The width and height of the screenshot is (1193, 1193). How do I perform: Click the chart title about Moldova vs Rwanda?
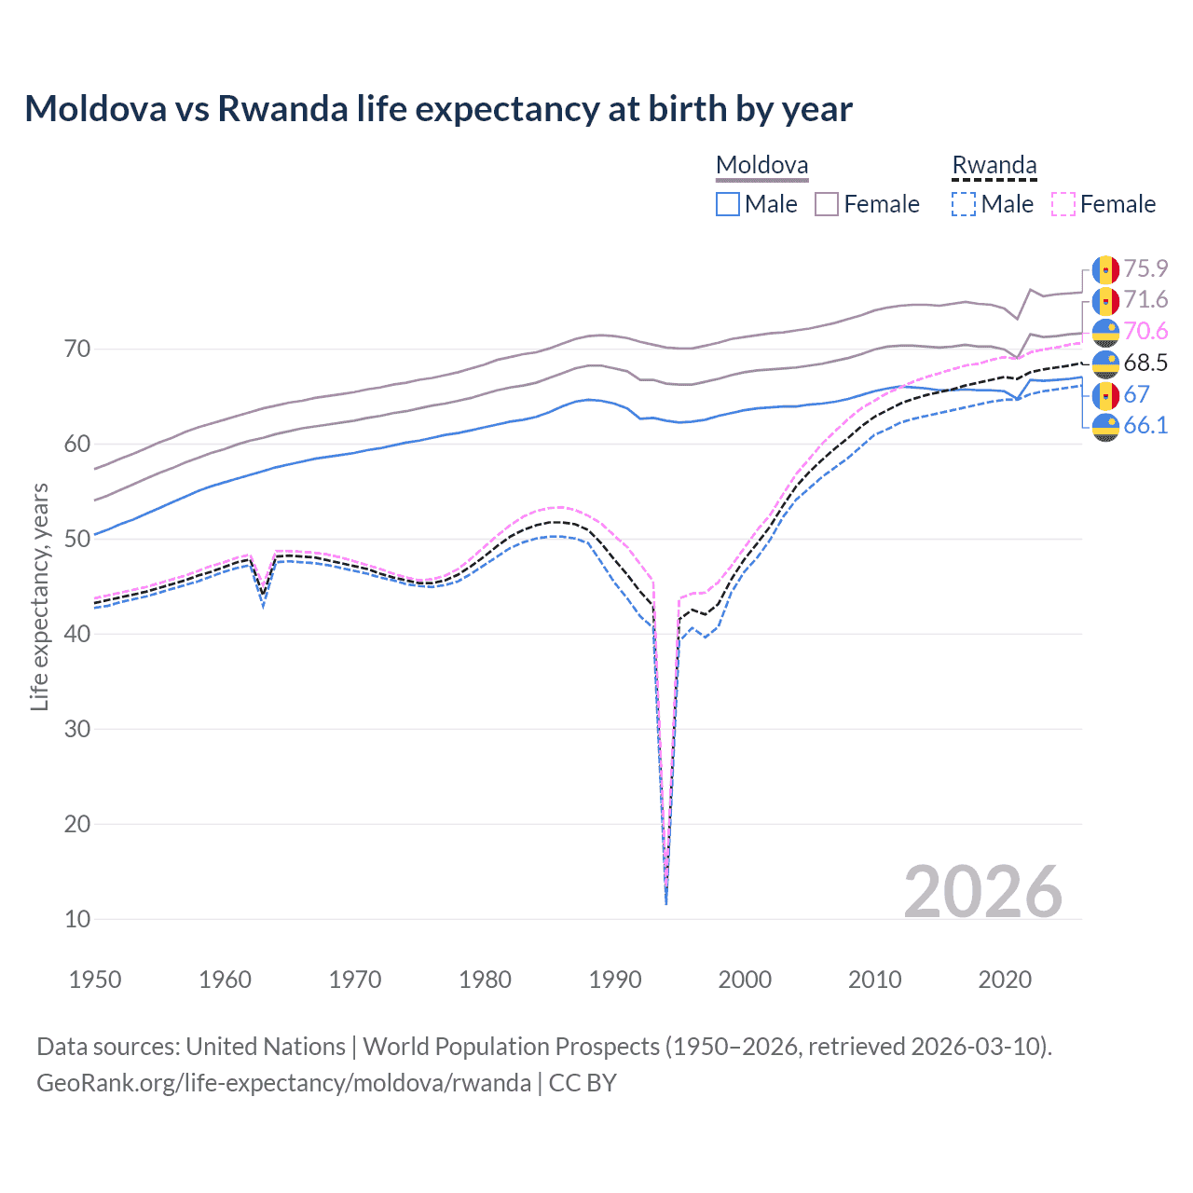click(438, 109)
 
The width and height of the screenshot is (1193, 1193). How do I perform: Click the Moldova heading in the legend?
click(761, 166)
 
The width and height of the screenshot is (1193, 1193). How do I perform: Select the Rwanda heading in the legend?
click(994, 166)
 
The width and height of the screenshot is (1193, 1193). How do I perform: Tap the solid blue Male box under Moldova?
click(728, 204)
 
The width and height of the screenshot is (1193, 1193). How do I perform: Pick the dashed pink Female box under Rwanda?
click(1063, 204)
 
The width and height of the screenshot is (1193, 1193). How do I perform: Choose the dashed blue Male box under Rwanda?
click(964, 204)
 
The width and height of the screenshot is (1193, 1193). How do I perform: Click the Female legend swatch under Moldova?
click(827, 204)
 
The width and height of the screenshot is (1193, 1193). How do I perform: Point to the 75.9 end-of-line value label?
click(1145, 268)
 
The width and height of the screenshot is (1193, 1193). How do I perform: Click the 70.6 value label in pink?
click(1145, 331)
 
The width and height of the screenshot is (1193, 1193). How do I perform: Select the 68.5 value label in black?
click(1145, 363)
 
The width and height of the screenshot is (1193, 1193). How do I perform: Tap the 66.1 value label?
click(1145, 426)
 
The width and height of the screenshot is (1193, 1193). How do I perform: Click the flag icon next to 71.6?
click(1105, 300)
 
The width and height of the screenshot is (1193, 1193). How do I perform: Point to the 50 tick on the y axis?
click(77, 539)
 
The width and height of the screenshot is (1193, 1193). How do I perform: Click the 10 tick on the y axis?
click(77, 919)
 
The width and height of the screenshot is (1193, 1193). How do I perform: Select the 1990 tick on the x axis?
click(615, 980)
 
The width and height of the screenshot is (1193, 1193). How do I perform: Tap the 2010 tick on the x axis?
click(875, 980)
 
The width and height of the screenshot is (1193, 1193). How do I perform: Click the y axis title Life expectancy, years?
click(39, 596)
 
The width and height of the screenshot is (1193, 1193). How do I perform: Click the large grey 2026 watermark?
click(982, 892)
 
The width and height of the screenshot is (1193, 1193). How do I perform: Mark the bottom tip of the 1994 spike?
click(665, 903)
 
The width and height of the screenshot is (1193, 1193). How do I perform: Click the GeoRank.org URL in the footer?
click(283, 1083)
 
